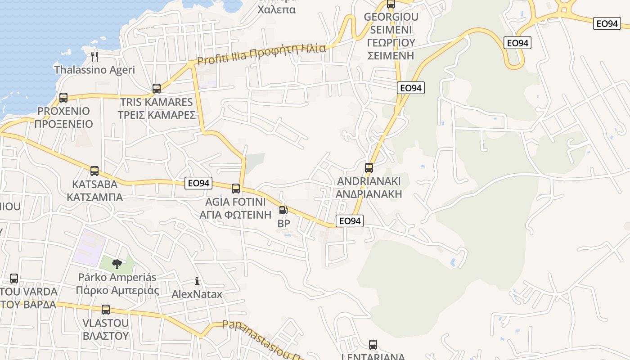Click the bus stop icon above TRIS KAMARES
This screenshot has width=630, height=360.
[157, 89]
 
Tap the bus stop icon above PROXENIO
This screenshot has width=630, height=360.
[63, 98]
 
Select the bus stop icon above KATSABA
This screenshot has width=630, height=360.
[94, 171]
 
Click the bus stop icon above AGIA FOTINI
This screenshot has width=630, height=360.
[236, 189]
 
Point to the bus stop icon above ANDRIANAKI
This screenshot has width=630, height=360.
[369, 168]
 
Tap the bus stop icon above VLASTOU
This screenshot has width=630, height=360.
[106, 310]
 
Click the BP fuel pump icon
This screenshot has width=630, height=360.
[283, 210]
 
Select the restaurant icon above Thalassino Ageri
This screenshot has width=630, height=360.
[94, 56]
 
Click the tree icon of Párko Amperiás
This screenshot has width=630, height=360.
[117, 264]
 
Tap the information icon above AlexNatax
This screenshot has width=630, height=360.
[197, 281]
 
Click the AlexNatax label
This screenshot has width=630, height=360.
[197, 294]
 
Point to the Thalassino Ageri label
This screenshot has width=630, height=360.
[94, 70]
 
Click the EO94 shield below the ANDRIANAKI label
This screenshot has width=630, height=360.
[349, 221]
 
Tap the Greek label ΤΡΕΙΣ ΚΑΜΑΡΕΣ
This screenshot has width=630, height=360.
[157, 115]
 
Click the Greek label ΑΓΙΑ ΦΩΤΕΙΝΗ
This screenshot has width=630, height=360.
[236, 214]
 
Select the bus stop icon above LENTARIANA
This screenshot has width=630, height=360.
[373, 345]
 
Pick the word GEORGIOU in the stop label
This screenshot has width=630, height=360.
[391, 17]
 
